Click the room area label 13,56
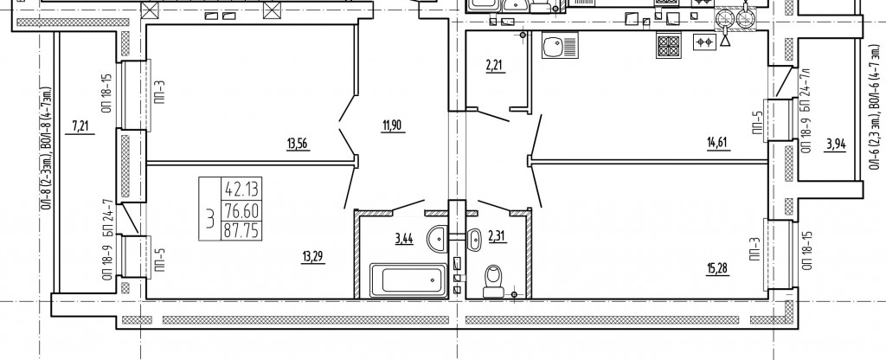[x=299, y=145]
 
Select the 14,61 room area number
[x=719, y=144]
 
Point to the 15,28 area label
[x=717, y=267]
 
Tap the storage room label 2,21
[x=494, y=66]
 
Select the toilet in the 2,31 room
[x=494, y=281]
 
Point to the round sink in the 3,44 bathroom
[x=438, y=238]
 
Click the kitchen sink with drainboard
[x=560, y=45]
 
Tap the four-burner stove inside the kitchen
[x=669, y=45]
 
